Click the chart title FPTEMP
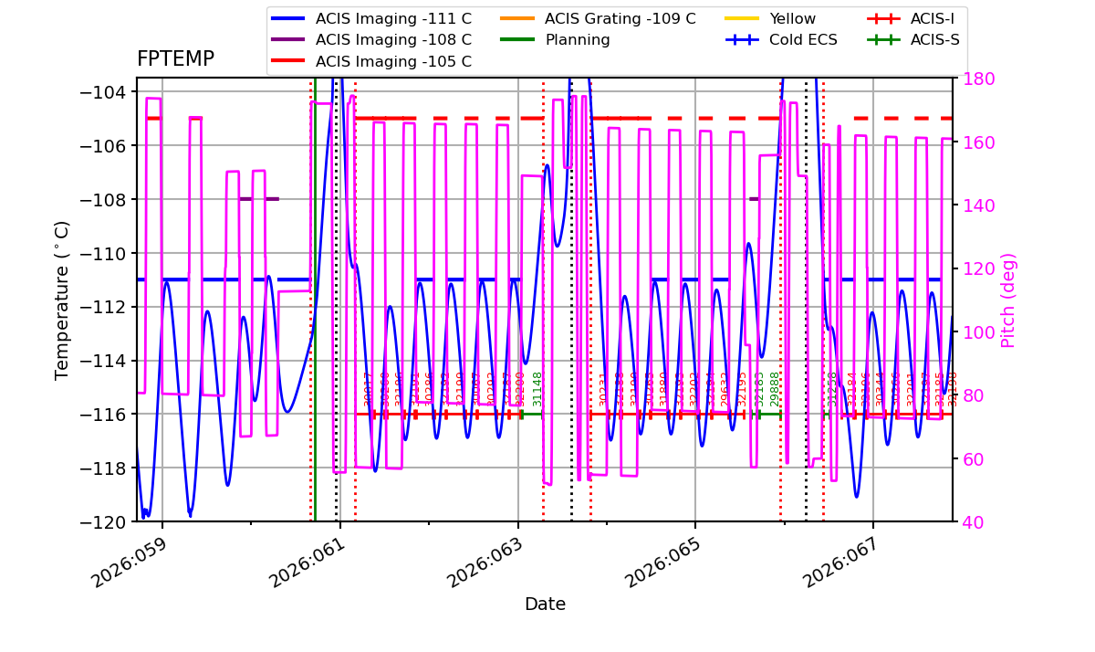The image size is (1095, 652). (x=175, y=59)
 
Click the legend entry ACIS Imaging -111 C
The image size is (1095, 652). (x=393, y=18)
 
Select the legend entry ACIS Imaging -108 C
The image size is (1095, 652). (x=393, y=40)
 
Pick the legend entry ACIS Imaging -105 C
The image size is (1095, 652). (x=393, y=62)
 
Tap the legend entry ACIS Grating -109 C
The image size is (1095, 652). (x=620, y=18)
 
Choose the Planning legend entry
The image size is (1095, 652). (x=578, y=40)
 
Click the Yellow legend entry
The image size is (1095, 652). (x=792, y=18)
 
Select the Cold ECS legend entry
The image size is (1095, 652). (x=803, y=40)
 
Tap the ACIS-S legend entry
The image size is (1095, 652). (x=934, y=40)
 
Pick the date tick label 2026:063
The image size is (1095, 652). (x=487, y=560)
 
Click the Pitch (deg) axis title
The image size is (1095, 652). (x=1008, y=300)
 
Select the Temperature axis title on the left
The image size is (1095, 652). (x=62, y=300)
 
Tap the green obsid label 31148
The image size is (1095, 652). (x=537, y=388)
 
